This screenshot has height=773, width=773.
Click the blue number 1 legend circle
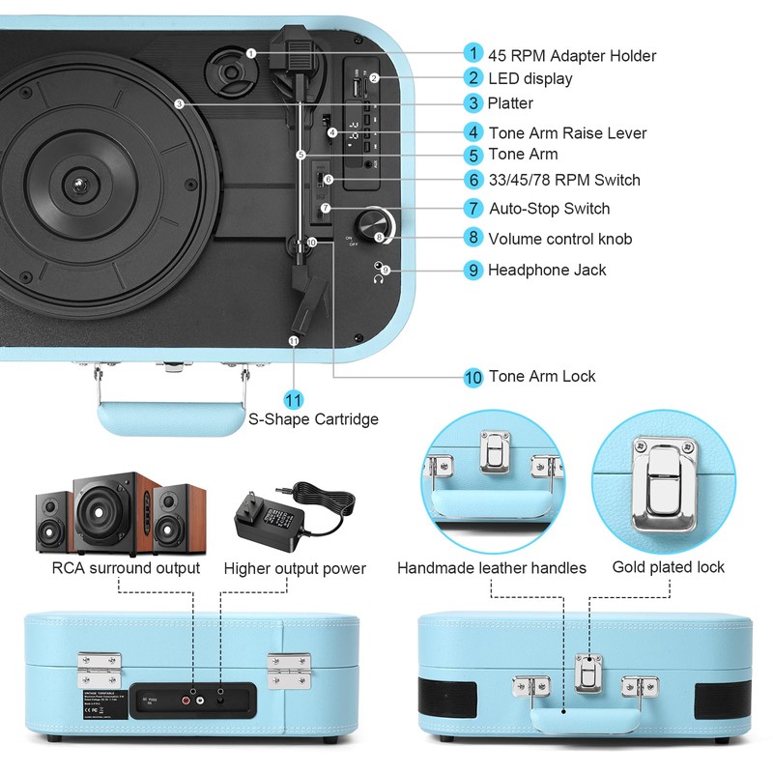tap(472, 53)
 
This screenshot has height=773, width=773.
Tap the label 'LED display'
tap(530, 78)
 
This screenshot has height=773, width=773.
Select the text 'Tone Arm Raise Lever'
tap(567, 132)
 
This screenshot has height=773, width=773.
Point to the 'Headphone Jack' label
tap(547, 270)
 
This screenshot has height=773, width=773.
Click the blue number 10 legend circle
tap(472, 377)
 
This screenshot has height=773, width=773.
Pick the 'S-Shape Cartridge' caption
tap(314, 419)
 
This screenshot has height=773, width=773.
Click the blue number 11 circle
tap(294, 399)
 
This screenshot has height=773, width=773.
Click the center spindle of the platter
tap(75, 183)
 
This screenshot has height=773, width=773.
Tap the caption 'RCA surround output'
tap(126, 568)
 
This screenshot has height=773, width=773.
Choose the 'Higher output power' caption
tap(295, 568)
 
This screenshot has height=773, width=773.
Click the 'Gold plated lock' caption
tap(668, 566)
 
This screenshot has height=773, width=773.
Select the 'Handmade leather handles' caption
tap(492, 568)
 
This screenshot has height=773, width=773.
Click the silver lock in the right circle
tap(664, 485)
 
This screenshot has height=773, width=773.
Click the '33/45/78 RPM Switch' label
tap(564, 180)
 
